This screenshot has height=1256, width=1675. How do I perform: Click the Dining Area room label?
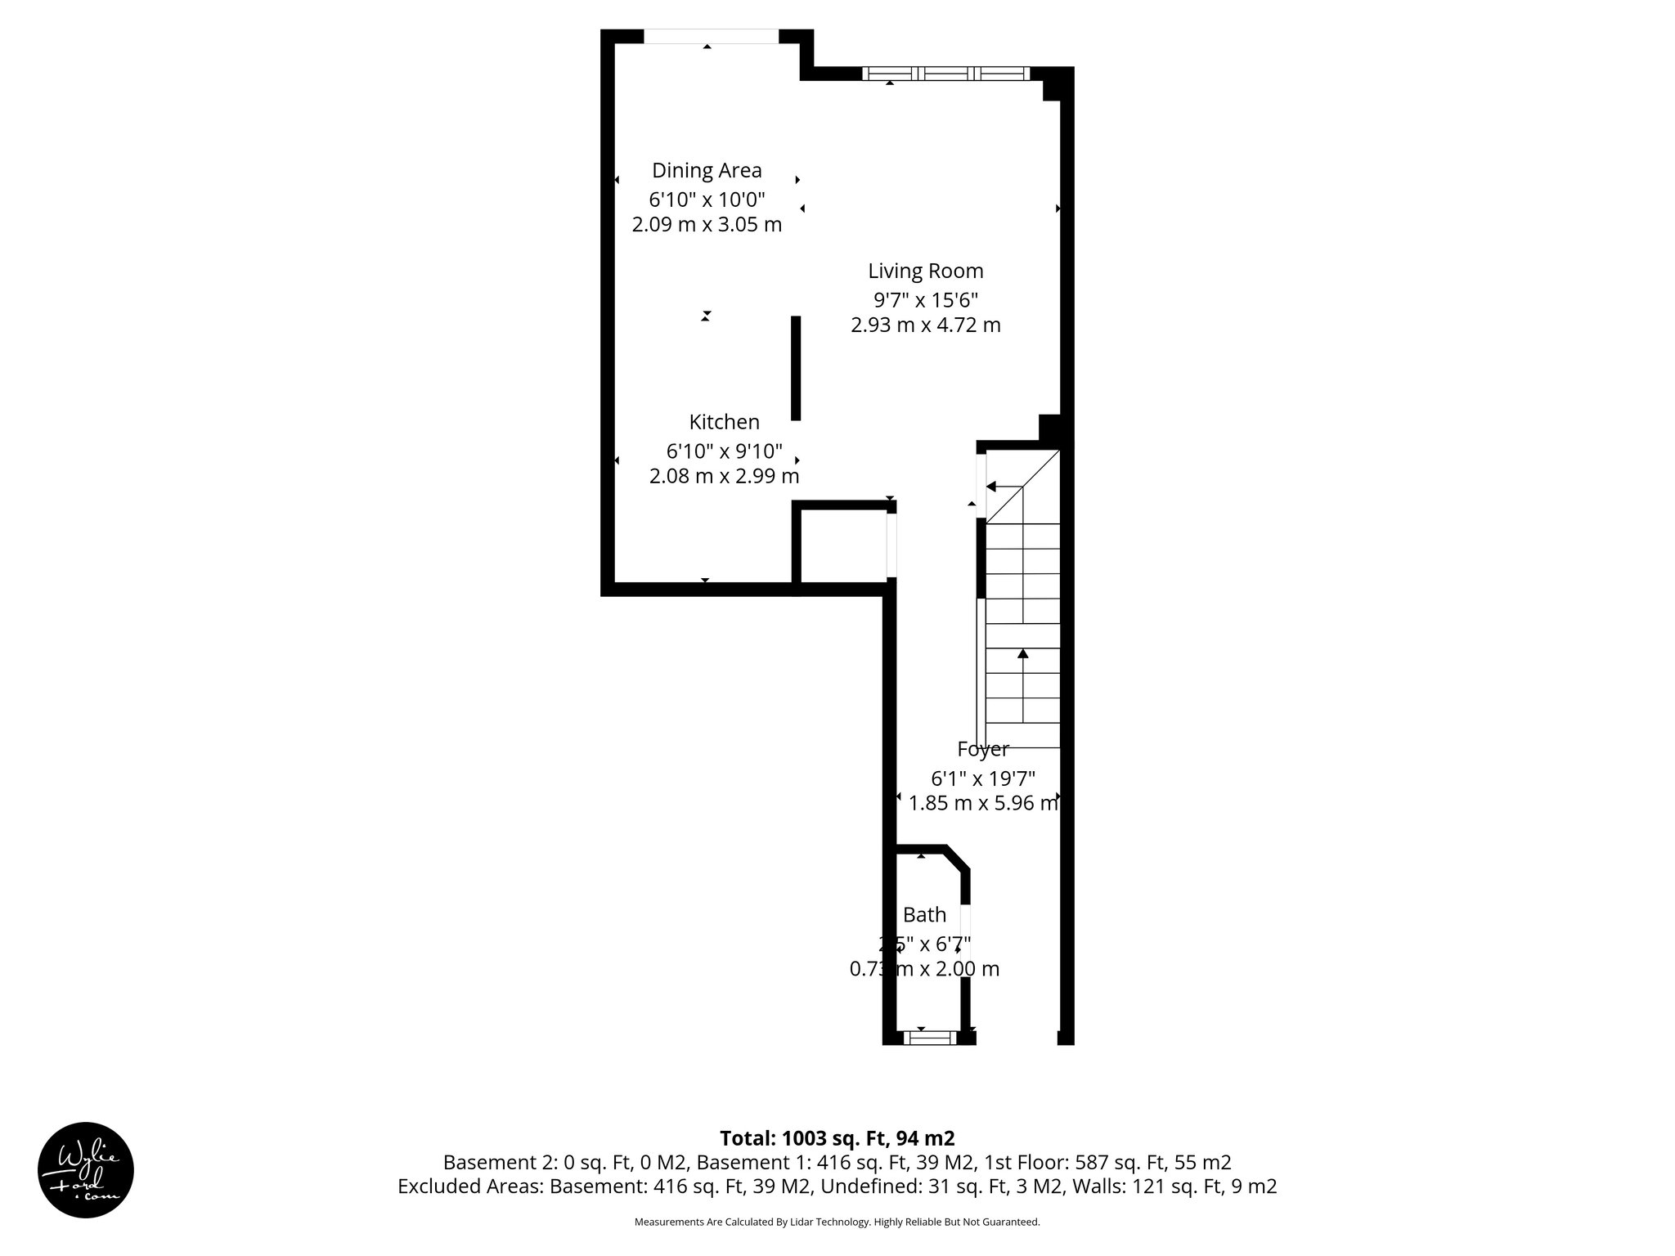pos(707,170)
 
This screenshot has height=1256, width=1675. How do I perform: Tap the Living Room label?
pos(925,271)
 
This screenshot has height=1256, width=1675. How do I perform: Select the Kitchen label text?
pos(724,422)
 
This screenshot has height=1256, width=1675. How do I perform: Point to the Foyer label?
pos(982,749)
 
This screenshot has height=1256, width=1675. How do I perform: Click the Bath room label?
pos(924,915)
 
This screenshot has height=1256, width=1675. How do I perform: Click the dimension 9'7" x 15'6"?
pos(925,299)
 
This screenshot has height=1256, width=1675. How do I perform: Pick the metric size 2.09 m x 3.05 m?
pos(707,224)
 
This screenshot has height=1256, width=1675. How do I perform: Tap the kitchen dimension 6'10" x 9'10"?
pos(724,451)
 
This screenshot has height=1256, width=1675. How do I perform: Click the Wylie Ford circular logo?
pos(86,1170)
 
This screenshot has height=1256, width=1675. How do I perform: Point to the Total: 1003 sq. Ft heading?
pos(837,1138)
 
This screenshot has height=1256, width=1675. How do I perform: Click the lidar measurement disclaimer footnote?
pos(837,1222)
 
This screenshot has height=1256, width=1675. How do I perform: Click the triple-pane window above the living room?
pos(946,74)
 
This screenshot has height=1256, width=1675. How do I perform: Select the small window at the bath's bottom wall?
pos(928,1038)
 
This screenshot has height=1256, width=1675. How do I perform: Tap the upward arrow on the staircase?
pos(1022,654)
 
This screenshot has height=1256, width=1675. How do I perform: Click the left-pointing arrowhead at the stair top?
pos(990,487)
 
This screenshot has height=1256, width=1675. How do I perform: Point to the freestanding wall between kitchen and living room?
pos(795,368)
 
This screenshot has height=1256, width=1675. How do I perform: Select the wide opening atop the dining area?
pos(711,36)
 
